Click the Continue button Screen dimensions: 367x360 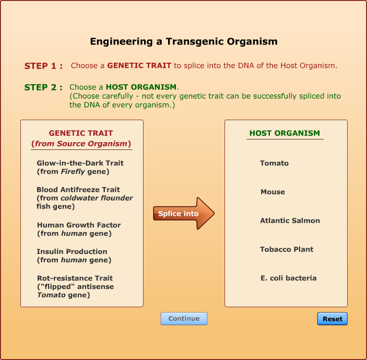(184, 319)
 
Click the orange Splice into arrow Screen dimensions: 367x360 (184, 213)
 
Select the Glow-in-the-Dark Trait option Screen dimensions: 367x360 (80, 167)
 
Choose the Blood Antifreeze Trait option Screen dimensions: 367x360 (85, 198)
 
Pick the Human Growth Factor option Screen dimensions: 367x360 (79, 229)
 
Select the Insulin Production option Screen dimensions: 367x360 (74, 256)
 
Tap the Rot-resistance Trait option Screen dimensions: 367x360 (75, 286)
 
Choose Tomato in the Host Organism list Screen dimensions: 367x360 (274, 163)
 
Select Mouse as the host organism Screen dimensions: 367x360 (273, 192)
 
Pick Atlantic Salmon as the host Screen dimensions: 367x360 (290, 220)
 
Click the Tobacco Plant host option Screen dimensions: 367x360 (287, 249)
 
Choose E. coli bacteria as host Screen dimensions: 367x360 (288, 278)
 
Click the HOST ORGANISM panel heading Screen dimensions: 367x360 (285, 133)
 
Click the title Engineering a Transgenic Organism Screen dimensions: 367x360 (184, 41)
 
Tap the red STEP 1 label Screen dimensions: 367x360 (43, 66)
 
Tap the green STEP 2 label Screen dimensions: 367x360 (43, 87)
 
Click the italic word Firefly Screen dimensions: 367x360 (73, 172)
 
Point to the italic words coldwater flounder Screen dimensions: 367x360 (97, 198)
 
